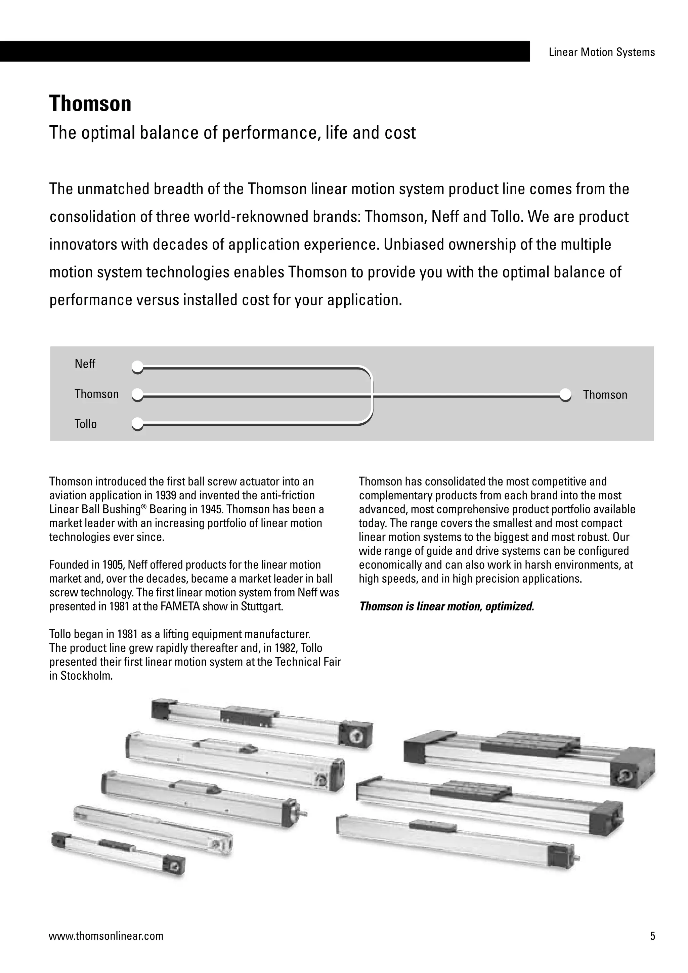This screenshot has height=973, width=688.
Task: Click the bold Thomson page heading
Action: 90,104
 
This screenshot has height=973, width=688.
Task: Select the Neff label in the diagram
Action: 85,364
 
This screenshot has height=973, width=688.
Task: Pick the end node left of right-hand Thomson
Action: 565,394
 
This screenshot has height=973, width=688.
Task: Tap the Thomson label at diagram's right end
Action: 605,395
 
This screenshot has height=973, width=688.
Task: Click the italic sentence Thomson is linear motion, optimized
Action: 446,606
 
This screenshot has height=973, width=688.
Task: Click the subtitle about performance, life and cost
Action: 232,133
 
